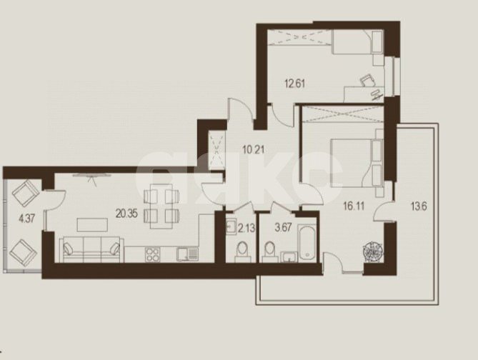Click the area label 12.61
(x=295, y=84)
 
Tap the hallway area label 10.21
(x=254, y=150)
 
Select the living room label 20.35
(x=126, y=214)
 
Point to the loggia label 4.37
(x=27, y=219)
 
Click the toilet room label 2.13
(x=247, y=228)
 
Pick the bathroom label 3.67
(x=284, y=227)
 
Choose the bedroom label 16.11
(x=354, y=206)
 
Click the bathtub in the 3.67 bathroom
(x=307, y=243)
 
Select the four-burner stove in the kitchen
(x=153, y=254)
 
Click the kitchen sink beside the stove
(x=187, y=254)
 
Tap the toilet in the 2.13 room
(x=243, y=251)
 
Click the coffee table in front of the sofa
(x=92, y=225)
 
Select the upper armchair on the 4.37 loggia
(x=26, y=194)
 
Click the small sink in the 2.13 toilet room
(x=231, y=226)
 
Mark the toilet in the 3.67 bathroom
(x=270, y=252)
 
